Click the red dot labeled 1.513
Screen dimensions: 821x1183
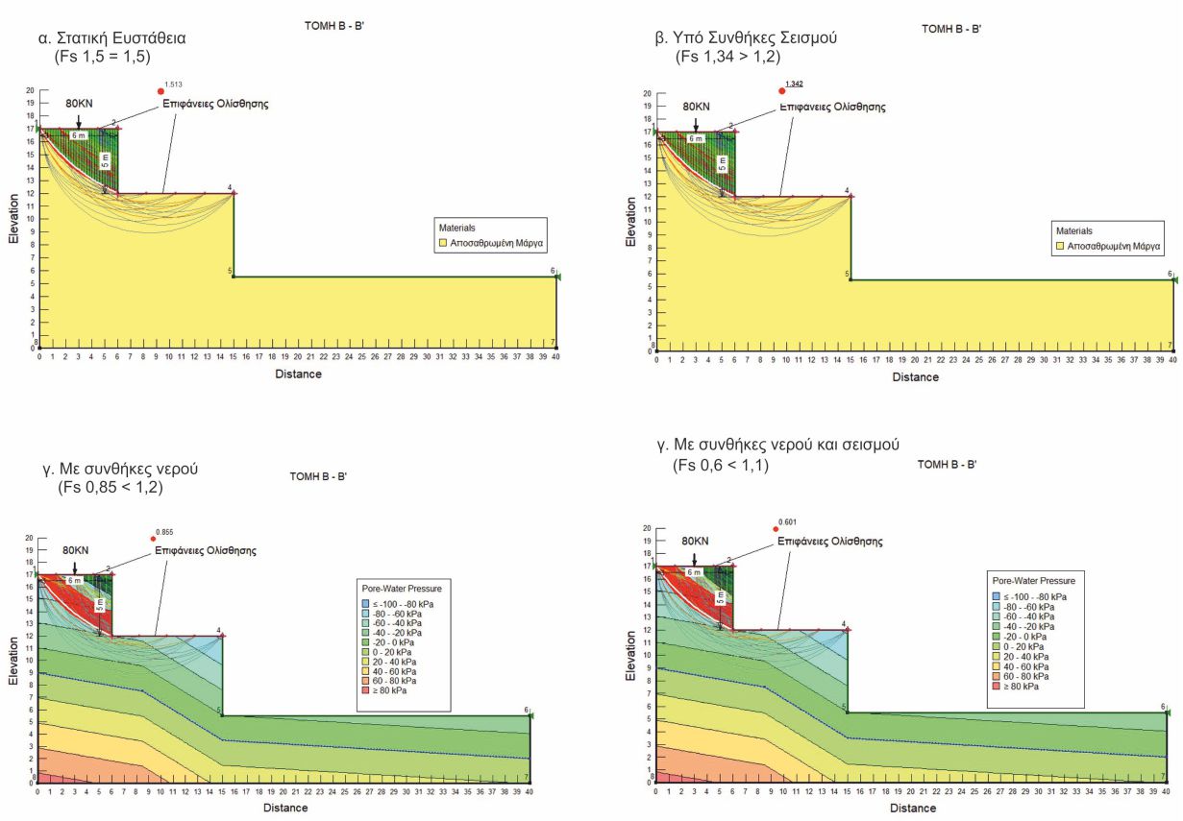[x=160, y=91]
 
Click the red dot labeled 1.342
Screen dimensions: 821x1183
[x=781, y=90]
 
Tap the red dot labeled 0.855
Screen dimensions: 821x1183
[x=153, y=538]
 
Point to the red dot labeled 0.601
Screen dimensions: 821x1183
[x=776, y=529]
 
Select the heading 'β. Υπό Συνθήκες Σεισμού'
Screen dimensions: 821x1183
[x=746, y=38]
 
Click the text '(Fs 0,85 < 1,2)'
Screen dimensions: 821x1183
[x=110, y=487]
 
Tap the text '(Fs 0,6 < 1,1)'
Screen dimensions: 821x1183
[x=721, y=466]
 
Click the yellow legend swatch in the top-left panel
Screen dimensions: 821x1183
[x=444, y=245]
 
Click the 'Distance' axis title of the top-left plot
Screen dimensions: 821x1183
[x=299, y=374]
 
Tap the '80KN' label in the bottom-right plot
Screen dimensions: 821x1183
[x=696, y=541]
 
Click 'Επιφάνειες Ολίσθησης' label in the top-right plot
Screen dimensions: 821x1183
[x=832, y=107]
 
